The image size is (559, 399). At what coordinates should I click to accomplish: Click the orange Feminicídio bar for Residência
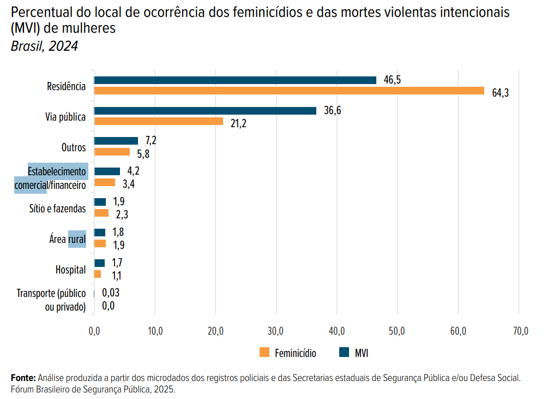pos(289,91)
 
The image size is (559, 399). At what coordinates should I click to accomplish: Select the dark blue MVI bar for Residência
pos(235,80)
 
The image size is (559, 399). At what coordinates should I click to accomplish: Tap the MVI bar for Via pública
pos(205,111)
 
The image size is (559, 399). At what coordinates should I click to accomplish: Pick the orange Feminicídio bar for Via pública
pos(159,121)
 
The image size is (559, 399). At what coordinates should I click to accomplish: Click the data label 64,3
pos(500,93)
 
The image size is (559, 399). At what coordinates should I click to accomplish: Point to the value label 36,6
pos(332,111)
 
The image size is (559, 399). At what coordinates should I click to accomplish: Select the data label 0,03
pos(111,293)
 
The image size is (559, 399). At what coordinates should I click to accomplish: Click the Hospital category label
pos(70,270)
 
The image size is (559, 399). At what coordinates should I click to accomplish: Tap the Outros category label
pos(74,147)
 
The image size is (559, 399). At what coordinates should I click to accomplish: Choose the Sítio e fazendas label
pos(57,209)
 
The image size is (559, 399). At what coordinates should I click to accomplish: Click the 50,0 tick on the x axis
pos(398,331)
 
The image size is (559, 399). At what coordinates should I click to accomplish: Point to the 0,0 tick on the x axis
pos(94,331)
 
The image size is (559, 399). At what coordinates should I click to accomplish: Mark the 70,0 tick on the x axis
pos(519,331)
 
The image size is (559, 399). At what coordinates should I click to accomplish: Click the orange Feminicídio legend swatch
pos(265,353)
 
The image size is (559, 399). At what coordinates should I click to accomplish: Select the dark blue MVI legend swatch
pos(344,353)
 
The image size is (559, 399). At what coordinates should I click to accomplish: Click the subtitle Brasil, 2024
pos(44,46)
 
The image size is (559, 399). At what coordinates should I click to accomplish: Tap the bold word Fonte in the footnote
pos(23,378)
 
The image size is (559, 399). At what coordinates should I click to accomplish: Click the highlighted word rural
pos(77,239)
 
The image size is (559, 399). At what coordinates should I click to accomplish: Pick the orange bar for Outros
pos(112,152)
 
